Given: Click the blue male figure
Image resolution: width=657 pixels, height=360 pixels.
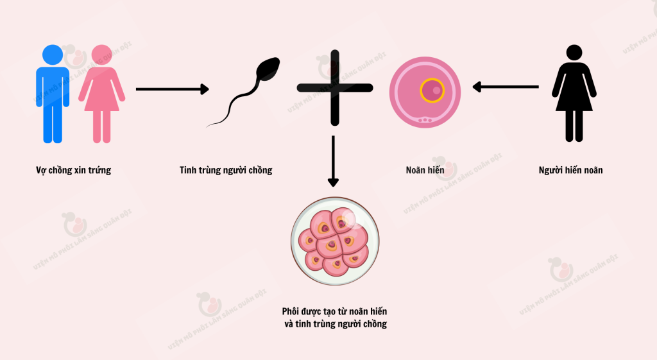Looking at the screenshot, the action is (x=53, y=94).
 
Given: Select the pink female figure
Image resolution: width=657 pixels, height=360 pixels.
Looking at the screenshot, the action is (x=101, y=94).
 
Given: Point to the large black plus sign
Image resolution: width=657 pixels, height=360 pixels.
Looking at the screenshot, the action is (x=335, y=88).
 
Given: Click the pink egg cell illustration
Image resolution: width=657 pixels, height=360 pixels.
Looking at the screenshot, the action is (x=425, y=92).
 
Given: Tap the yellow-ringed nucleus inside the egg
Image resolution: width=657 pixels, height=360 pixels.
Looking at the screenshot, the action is (x=432, y=90).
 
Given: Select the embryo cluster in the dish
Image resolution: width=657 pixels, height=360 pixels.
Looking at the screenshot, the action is (x=334, y=242).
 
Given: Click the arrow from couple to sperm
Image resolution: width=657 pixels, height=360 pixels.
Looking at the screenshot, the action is (x=172, y=89).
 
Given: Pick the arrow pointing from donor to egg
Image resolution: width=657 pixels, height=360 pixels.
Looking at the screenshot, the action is (x=506, y=87).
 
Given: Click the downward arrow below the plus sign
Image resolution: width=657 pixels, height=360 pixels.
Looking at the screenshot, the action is (x=333, y=161).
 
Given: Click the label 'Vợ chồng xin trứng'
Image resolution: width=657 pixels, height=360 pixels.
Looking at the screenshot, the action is (x=73, y=170).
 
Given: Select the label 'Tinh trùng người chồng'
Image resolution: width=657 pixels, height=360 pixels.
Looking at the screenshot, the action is (x=226, y=170).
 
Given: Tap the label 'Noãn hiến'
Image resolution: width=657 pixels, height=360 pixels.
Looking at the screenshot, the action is (x=425, y=169).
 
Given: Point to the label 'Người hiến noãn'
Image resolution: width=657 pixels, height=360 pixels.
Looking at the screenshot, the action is (x=570, y=170).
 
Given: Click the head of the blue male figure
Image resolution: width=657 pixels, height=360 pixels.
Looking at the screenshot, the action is (x=53, y=55).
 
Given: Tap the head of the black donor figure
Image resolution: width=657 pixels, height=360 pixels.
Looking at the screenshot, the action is (x=574, y=53).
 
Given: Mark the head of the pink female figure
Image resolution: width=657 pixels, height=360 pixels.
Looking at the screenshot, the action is (x=101, y=55).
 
